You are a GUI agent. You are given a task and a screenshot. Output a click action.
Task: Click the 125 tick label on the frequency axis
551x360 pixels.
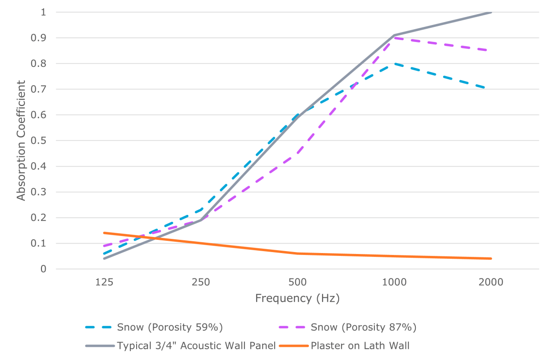(x=104, y=283)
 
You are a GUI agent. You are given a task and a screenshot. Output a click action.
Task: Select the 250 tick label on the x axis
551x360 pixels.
(x=201, y=283)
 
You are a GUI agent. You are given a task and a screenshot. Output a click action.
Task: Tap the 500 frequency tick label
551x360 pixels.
(x=298, y=283)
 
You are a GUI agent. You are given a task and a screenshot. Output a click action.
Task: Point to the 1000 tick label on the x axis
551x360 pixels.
(x=394, y=283)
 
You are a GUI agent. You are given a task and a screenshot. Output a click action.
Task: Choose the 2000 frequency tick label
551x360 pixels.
(x=491, y=283)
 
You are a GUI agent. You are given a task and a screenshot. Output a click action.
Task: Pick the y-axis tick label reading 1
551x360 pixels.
(x=43, y=12)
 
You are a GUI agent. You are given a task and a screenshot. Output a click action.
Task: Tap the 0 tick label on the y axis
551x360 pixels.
(x=43, y=269)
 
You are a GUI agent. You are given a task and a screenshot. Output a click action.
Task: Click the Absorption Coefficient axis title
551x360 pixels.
(x=21, y=140)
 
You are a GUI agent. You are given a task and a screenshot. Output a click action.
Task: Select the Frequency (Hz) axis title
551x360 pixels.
(x=297, y=298)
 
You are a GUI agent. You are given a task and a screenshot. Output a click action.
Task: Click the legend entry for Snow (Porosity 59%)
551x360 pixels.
(x=170, y=327)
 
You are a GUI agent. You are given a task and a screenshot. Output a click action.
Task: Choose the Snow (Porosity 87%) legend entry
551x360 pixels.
(x=364, y=327)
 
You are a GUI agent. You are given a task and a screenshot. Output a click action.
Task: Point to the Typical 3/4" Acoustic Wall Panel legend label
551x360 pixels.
(x=196, y=346)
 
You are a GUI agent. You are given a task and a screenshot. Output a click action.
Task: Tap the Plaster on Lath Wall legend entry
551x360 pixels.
(x=360, y=346)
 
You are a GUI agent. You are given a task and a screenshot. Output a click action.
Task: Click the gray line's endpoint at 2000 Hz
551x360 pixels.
(x=491, y=12)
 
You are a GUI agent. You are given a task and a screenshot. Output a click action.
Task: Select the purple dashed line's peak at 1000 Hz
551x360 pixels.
(x=394, y=38)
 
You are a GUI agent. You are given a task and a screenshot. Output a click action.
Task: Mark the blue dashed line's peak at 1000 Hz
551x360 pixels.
(x=394, y=64)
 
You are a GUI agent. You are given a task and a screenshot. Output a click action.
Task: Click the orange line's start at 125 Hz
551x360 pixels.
(x=104, y=233)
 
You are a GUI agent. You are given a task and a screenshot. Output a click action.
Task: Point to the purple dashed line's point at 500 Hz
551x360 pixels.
(x=298, y=153)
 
